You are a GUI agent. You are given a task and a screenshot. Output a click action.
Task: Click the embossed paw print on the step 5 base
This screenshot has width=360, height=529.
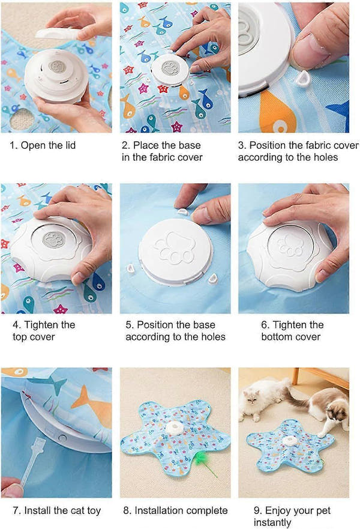175,246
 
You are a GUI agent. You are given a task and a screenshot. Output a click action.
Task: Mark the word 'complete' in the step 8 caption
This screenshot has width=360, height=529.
206,510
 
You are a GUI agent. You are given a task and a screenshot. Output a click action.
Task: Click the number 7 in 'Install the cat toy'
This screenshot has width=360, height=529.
15,510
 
